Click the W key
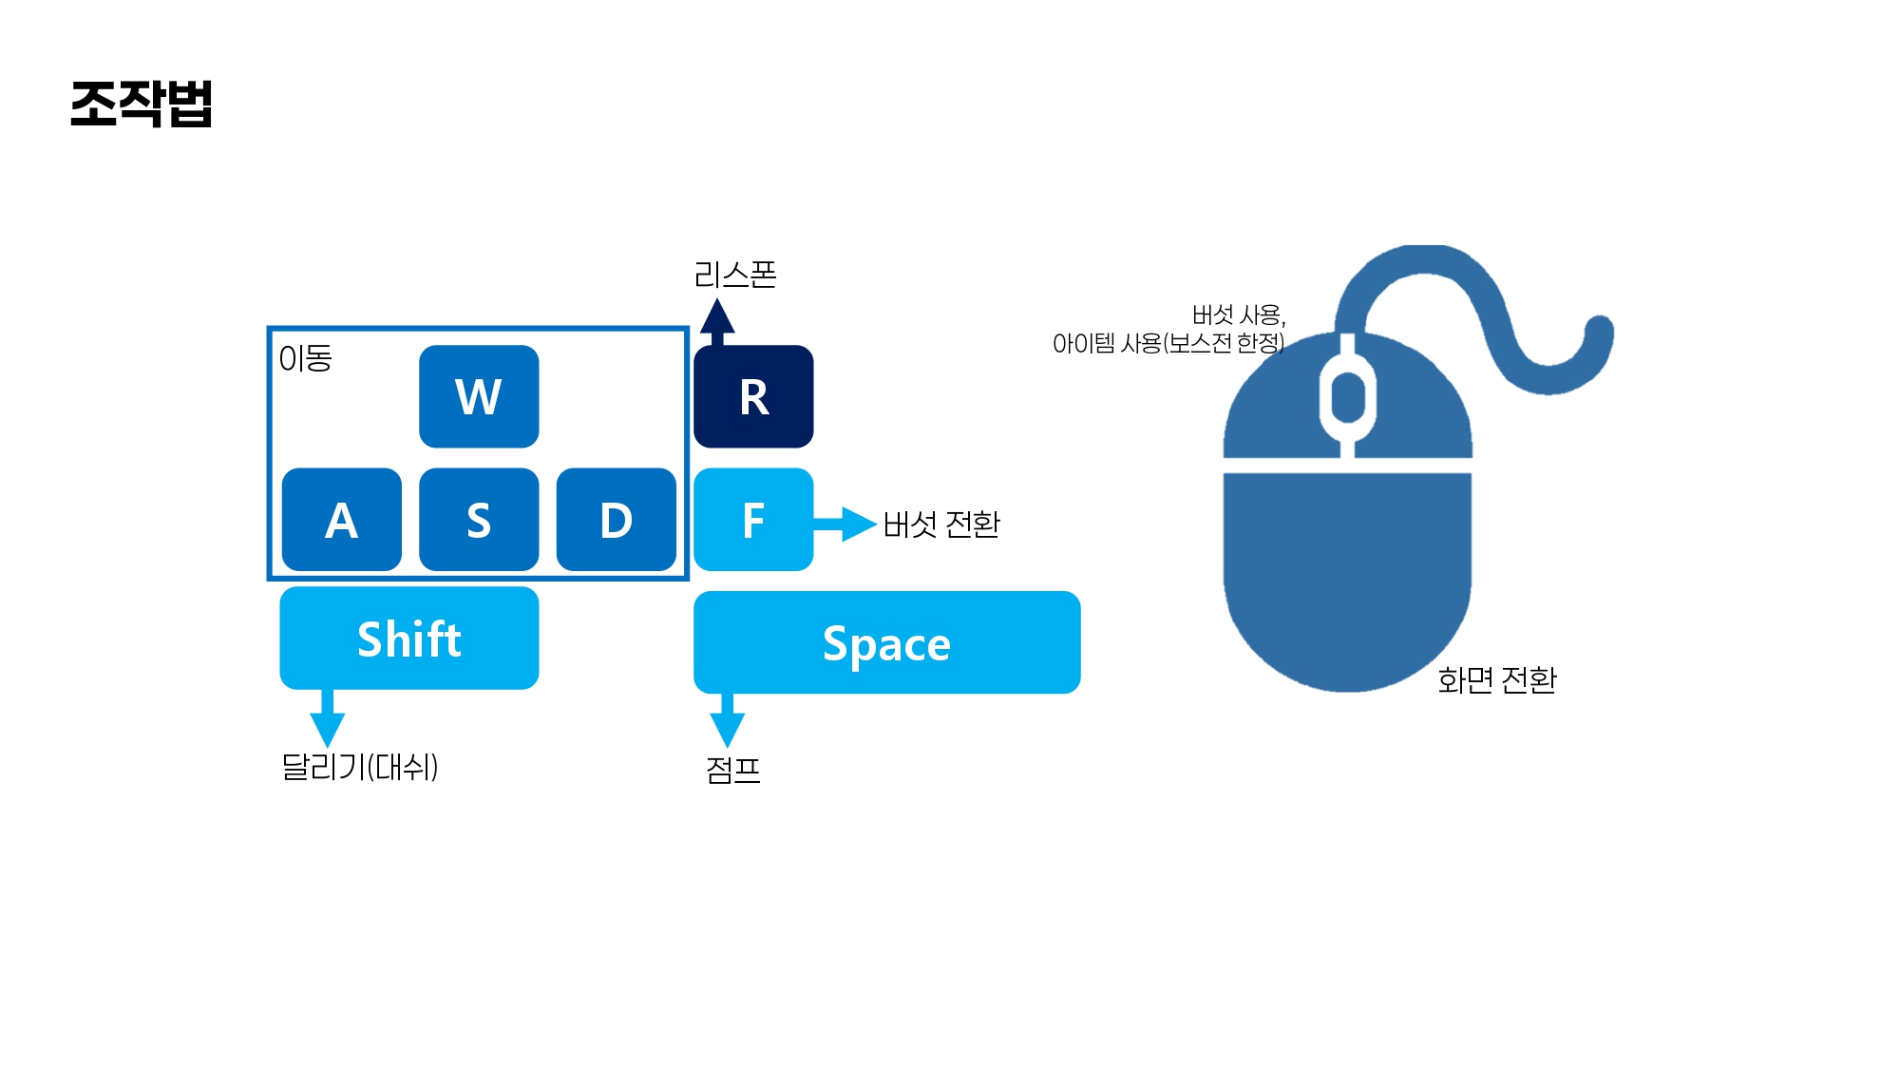point(479,396)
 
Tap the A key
point(342,520)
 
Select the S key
point(479,520)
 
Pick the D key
point(616,520)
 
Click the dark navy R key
point(753,396)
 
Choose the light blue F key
point(753,520)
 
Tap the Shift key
point(409,638)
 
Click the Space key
point(886,642)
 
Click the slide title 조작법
point(142,104)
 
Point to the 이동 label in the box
point(305,358)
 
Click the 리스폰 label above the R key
point(734,276)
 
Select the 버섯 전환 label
point(940,524)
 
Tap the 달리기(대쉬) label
point(359,767)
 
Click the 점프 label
point(732,769)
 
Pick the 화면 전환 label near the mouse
point(1496,679)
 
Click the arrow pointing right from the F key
point(845,524)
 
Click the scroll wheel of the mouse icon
point(1347,396)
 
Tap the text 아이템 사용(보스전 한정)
point(1168,343)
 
